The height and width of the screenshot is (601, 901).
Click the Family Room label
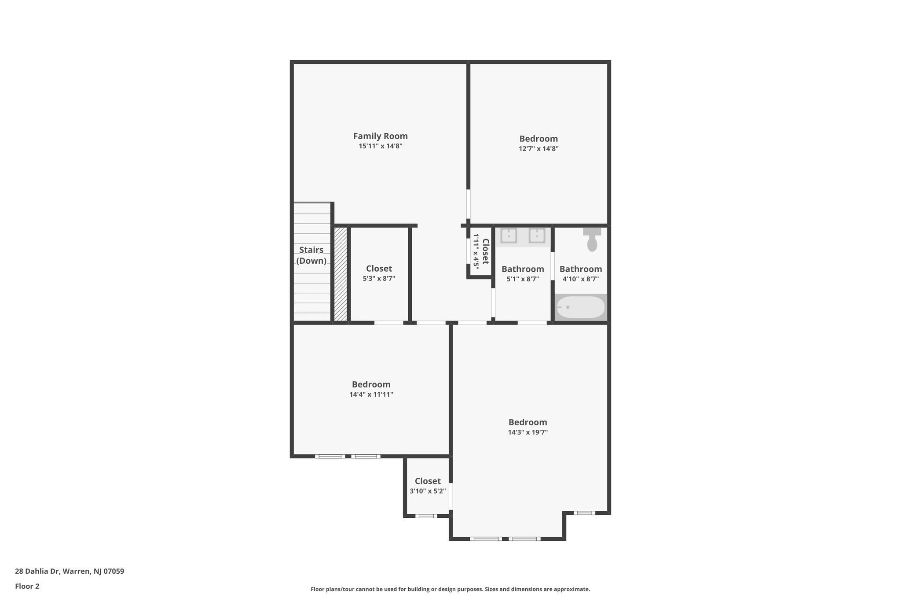tap(380, 136)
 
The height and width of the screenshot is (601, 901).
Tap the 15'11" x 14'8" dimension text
tap(380, 146)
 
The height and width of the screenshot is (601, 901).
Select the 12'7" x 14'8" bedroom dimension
tap(538, 149)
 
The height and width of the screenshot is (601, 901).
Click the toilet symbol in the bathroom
tap(592, 240)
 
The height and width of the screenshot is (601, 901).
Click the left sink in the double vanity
tap(509, 236)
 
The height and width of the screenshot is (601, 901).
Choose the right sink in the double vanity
tap(537, 236)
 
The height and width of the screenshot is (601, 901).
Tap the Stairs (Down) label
tap(311, 255)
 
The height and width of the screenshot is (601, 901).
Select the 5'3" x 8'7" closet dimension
tap(379, 279)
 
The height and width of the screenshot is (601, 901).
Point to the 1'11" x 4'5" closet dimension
tap(476, 251)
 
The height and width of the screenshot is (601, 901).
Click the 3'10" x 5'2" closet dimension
tap(428, 491)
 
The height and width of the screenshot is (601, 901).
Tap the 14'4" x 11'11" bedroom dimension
tap(371, 395)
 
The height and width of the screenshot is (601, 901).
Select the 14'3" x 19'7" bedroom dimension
tap(527, 432)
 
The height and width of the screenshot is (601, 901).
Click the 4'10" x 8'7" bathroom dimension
tap(581, 279)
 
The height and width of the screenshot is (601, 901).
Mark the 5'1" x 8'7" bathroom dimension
tap(523, 279)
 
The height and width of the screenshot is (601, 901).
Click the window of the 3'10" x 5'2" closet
tap(426, 516)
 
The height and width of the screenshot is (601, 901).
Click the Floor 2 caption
tap(27, 586)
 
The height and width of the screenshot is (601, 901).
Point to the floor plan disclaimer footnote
tap(450, 589)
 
